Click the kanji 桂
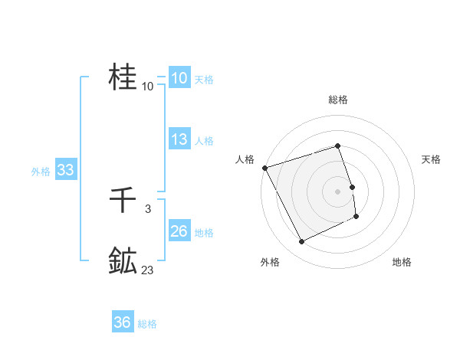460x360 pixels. (x=123, y=77)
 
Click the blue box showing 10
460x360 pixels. (x=179, y=78)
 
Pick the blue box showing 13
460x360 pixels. (x=179, y=139)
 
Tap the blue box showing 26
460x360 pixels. (x=179, y=231)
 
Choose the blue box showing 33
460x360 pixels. (x=65, y=170)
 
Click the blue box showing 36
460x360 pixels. (x=122, y=322)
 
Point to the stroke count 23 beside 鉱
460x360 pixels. (x=147, y=270)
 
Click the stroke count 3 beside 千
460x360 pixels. (x=147, y=209)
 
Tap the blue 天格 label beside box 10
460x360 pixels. (x=203, y=80)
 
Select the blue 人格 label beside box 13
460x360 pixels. (x=203, y=141)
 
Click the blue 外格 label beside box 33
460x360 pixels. (x=41, y=172)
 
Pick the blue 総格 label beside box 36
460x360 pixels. (x=146, y=324)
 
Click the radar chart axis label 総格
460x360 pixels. (x=337, y=100)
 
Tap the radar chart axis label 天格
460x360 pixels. (x=431, y=159)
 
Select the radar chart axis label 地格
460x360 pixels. (x=402, y=263)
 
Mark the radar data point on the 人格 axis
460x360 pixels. (x=264, y=167)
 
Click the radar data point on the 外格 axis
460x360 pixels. (x=301, y=242)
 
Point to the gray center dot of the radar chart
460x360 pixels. (x=337, y=191)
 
